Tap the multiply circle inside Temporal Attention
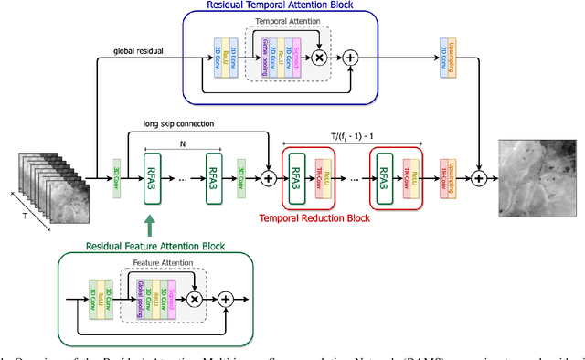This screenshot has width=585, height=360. (320, 57)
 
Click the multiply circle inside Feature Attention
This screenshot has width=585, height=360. (194, 299)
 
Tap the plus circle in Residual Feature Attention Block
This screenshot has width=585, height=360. (225, 299)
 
